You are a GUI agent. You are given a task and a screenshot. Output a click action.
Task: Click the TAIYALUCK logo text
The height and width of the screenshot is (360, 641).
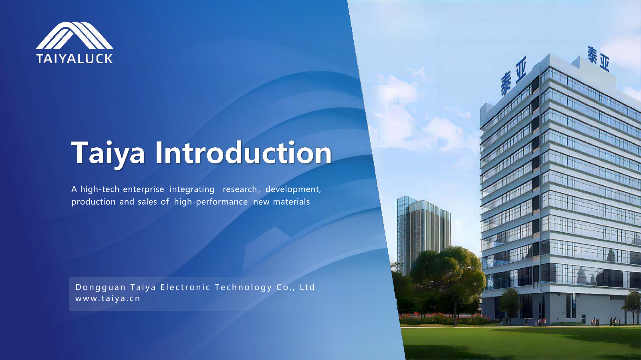click(75, 58)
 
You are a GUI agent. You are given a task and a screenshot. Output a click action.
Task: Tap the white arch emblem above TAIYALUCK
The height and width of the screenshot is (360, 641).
click(75, 36)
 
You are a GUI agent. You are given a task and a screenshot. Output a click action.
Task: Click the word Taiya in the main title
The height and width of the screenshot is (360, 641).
click(108, 153)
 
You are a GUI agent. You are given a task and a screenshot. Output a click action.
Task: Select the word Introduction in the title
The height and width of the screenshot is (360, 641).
click(243, 153)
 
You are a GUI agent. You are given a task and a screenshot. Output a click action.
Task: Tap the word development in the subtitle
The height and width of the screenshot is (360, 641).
click(293, 189)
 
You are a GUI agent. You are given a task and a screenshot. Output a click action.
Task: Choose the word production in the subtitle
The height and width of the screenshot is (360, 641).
click(93, 202)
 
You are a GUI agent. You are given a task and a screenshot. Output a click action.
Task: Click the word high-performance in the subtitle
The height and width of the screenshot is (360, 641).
click(211, 202)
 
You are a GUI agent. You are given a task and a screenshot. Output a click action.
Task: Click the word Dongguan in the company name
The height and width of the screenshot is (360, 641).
click(101, 288)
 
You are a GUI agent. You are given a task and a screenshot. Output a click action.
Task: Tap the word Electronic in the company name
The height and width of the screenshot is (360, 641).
click(185, 287)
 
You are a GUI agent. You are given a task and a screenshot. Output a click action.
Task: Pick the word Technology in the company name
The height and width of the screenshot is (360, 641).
click(243, 288)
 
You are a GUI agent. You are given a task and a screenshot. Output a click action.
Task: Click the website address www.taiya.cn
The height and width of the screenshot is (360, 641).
click(108, 298)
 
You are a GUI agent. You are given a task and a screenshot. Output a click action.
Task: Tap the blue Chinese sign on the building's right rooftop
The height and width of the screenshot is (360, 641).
click(599, 58)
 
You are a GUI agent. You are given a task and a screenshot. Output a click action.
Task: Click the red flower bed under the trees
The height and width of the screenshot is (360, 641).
click(443, 318)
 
